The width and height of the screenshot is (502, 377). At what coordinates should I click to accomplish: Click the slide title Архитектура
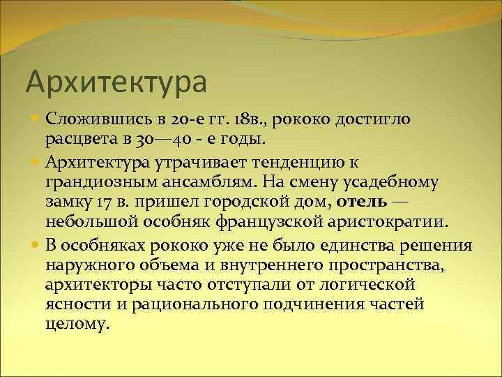coord(116,81)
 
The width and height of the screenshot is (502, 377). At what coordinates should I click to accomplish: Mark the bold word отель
coord(362,203)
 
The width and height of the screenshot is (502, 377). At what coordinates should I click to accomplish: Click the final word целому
coord(77,325)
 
